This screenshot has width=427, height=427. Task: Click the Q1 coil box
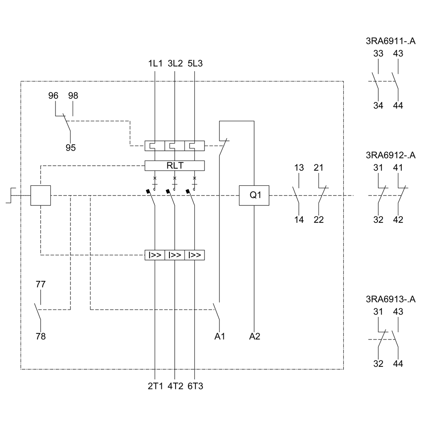(x=254, y=195)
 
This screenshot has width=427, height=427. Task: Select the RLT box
(x=175, y=166)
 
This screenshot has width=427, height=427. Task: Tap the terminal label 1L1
(x=155, y=64)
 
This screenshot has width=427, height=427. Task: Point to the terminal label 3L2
(x=175, y=64)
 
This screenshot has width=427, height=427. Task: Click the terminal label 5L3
(x=195, y=64)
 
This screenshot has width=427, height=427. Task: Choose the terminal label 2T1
(x=155, y=386)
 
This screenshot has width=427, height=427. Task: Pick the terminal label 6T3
(x=195, y=386)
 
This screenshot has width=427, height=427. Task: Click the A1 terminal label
(x=220, y=336)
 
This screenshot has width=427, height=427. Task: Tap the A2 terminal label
(x=254, y=336)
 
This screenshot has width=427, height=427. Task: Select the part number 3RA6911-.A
(x=391, y=41)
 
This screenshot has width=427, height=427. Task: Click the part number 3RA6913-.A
(x=391, y=299)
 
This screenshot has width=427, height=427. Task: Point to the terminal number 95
(x=70, y=148)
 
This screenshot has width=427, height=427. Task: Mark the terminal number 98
(x=73, y=96)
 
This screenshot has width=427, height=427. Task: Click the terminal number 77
(x=41, y=284)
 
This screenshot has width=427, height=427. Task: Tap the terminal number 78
(x=41, y=336)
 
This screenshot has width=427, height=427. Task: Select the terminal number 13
(x=299, y=168)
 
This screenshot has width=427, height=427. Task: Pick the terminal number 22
(x=319, y=220)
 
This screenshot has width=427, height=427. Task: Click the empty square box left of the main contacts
(x=41, y=195)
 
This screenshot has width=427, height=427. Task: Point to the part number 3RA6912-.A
(x=391, y=155)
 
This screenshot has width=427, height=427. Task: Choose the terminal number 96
(x=53, y=96)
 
